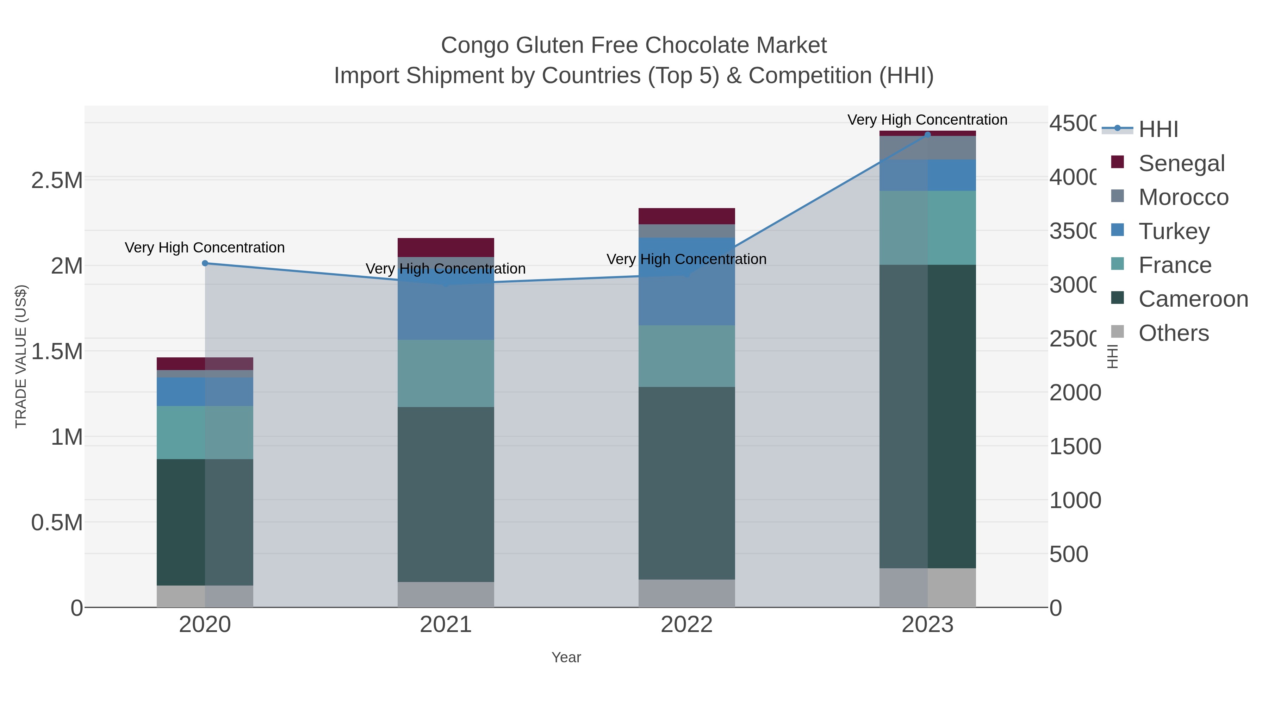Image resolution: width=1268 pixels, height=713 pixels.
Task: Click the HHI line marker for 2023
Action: pos(927,135)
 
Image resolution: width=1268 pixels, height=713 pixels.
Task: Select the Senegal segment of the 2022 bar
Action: pos(687,216)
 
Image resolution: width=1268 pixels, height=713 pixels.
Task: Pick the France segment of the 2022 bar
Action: pos(687,356)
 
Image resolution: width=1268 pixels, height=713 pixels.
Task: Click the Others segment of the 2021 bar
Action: pos(446,594)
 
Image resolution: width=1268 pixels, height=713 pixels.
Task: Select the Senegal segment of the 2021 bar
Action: pos(446,248)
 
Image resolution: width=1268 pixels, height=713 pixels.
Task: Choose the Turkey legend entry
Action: pos(1174,231)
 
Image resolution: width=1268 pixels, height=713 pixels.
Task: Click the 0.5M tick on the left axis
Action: pos(57,523)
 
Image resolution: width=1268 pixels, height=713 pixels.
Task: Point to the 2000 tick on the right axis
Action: pos(1075,393)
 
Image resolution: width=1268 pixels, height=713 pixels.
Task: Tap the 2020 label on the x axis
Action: pos(205,625)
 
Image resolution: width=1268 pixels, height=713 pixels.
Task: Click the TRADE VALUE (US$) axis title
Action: pos(21,356)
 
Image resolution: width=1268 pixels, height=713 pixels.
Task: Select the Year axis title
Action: pos(566,657)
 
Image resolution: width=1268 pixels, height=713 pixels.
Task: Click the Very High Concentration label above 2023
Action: pos(927,120)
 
